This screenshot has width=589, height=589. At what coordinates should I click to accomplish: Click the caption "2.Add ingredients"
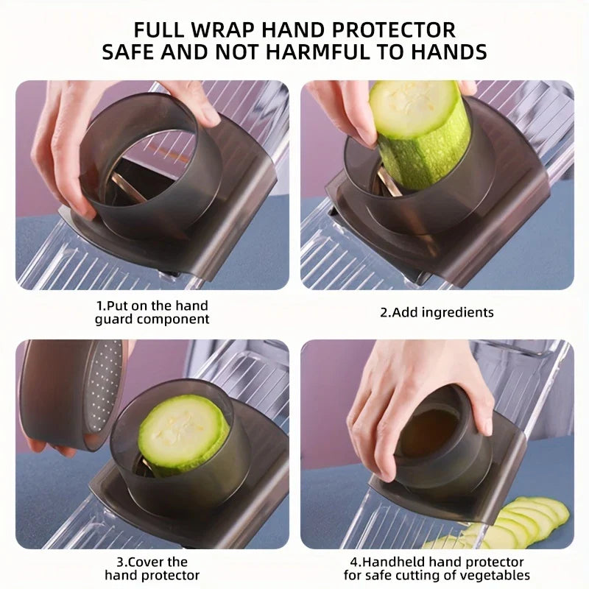pyautogui.click(x=437, y=312)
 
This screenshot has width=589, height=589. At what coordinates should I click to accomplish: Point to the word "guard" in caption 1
pyautogui.click(x=114, y=320)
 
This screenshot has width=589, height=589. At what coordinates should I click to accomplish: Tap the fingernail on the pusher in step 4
pyautogui.click(x=488, y=427)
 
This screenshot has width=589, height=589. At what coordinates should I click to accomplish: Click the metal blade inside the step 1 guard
pyautogui.click(x=127, y=187)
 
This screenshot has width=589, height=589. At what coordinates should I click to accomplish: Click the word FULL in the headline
pyautogui.click(x=158, y=29)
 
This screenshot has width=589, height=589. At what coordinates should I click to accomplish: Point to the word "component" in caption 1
pyautogui.click(x=173, y=320)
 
